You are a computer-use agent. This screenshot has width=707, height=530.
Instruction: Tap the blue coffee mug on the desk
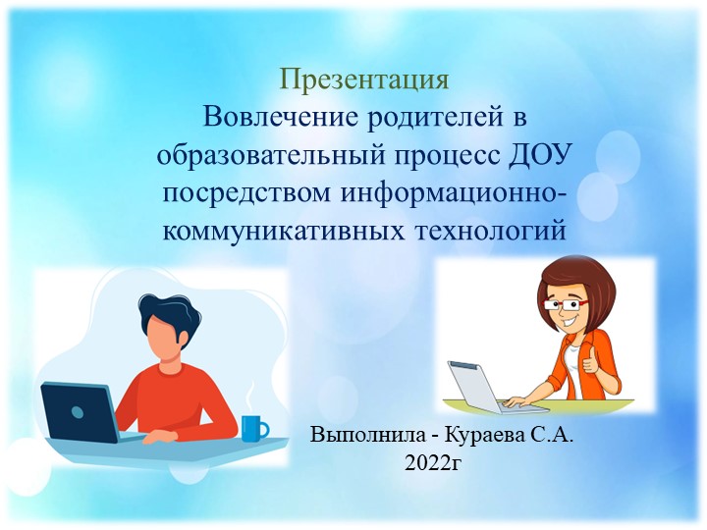click(253, 428)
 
